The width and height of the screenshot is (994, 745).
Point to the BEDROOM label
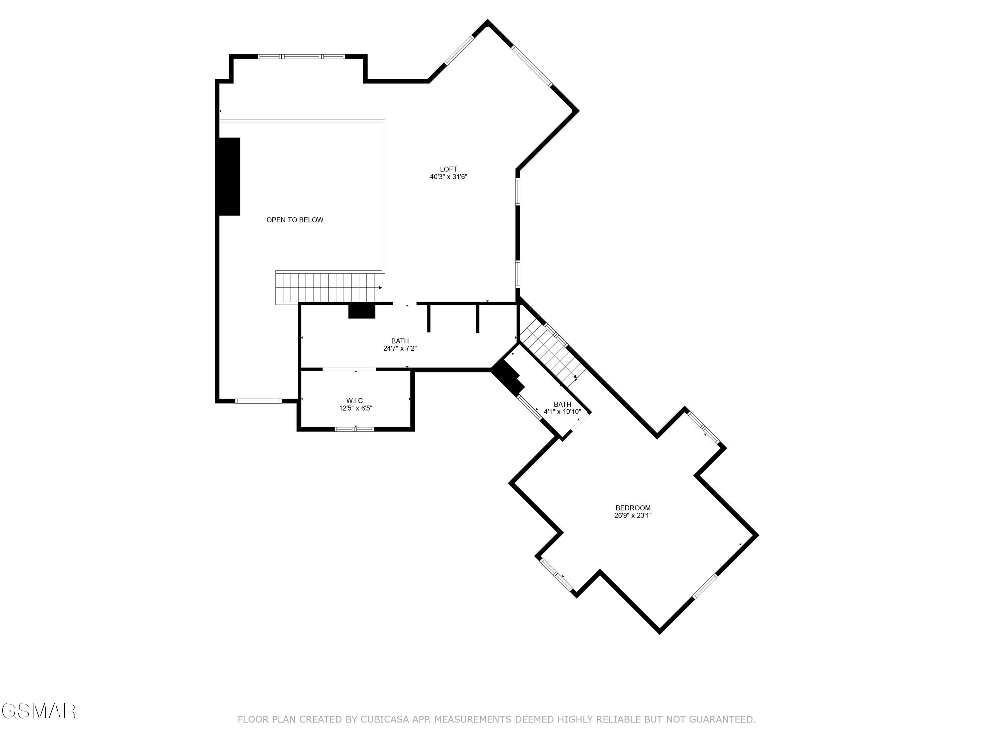[633, 508]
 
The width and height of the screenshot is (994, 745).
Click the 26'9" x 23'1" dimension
[633, 516]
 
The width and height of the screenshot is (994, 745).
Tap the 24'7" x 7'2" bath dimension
[400, 348]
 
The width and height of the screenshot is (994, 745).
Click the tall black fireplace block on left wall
[229, 176]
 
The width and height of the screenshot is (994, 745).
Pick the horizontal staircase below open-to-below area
[328, 287]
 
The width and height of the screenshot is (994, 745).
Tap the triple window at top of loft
[301, 57]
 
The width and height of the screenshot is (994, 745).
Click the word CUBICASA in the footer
[384, 720]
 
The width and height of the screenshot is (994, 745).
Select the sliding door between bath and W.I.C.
[349, 369]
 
